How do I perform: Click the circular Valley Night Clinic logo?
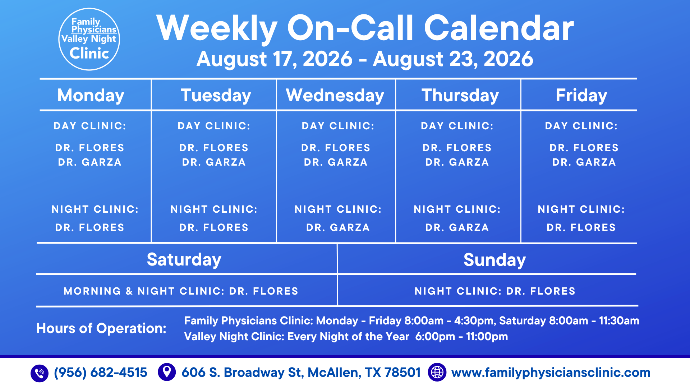tap(89, 39)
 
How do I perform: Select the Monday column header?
tap(91, 96)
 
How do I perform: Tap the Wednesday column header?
tap(335, 96)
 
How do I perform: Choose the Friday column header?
tap(581, 96)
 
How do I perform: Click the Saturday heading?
tap(184, 260)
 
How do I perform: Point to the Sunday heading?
tap(494, 260)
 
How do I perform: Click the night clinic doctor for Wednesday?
tap(338, 227)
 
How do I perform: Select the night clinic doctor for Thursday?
tap(457, 227)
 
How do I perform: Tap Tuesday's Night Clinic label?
tap(214, 209)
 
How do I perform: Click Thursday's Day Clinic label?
tap(457, 126)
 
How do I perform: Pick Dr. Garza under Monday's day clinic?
tap(90, 162)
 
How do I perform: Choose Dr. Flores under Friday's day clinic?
tap(584, 148)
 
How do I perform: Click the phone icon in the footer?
tap(40, 373)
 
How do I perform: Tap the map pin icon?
tap(167, 372)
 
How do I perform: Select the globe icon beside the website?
tap(437, 372)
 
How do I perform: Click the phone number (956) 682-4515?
tap(101, 373)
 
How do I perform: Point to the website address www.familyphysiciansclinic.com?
tap(551, 373)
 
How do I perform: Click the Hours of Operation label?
tap(101, 328)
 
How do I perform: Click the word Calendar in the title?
tap(499, 28)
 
